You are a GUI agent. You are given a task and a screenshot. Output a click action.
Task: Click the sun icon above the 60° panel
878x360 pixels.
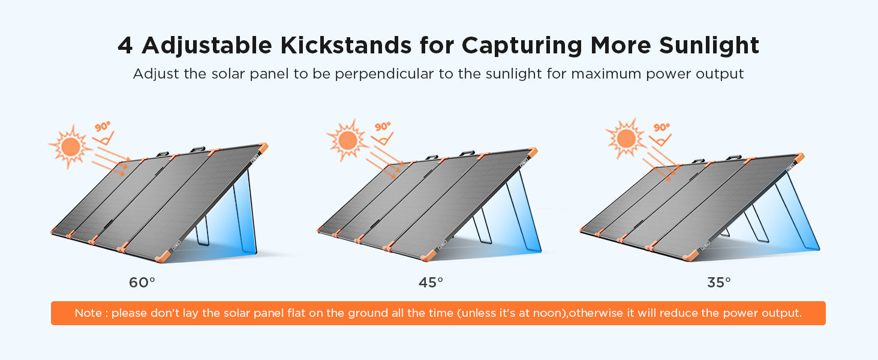(70, 146)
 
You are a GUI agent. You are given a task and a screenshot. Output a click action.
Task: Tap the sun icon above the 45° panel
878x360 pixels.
(347, 140)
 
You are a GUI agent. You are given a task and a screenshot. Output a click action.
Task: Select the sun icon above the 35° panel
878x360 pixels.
(626, 139)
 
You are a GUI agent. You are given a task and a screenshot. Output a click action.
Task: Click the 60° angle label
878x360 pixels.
(142, 283)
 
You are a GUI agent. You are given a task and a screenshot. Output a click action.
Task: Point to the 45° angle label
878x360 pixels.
(431, 283)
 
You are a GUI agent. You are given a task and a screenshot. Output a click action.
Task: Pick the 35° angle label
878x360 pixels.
(719, 283)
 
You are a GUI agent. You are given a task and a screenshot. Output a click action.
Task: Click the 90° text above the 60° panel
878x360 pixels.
(103, 127)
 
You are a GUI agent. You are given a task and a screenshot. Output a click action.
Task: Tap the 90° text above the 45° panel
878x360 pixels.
(383, 126)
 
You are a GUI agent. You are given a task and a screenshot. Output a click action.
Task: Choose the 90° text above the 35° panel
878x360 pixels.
(661, 127)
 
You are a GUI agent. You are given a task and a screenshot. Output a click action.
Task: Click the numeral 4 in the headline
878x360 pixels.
(125, 46)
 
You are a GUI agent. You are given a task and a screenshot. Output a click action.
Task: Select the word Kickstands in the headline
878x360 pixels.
(345, 45)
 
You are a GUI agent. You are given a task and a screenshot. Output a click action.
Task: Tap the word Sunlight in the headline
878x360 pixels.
(709, 46)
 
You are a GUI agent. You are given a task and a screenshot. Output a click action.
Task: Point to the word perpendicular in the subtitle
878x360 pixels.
(384, 74)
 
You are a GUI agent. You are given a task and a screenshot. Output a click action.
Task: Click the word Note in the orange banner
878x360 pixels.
(88, 313)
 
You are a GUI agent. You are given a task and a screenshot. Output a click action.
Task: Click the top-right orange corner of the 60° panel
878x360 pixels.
(263, 148)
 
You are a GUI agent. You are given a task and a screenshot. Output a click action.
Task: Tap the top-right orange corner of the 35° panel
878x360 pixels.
(799, 157)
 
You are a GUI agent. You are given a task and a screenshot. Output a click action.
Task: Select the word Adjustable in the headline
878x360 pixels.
(207, 46)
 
